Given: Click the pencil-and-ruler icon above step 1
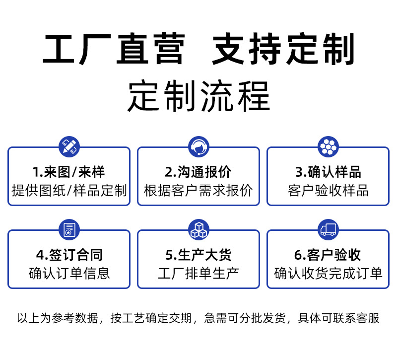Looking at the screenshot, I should coord(69,146).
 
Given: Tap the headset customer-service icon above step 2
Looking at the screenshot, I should coord(198,146).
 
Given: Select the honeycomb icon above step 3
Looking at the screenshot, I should coord(328,146).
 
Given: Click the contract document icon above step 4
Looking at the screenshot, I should coord(69,229).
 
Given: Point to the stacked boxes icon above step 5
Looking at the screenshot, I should coord(198,229).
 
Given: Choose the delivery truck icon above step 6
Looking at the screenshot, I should coord(328,229).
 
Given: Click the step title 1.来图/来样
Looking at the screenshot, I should coord(69,172).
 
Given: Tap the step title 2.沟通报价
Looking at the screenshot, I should coord(198,172).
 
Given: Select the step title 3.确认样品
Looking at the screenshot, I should coord(328,172).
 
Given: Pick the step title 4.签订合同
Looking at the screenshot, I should coord(69,255).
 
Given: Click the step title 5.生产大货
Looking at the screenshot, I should coord(198,255).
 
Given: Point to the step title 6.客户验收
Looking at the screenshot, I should coord(328,255).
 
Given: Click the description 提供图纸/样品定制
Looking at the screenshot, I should coord(69,190).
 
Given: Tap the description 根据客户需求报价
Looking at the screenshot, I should coord(198,190).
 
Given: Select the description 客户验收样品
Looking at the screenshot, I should coord(328,190).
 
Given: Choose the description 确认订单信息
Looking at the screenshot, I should coord(69,273).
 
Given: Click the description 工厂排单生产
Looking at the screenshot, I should coord(198,273).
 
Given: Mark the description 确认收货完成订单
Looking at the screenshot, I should coord(328,273).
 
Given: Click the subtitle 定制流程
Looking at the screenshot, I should coord(198,96).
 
